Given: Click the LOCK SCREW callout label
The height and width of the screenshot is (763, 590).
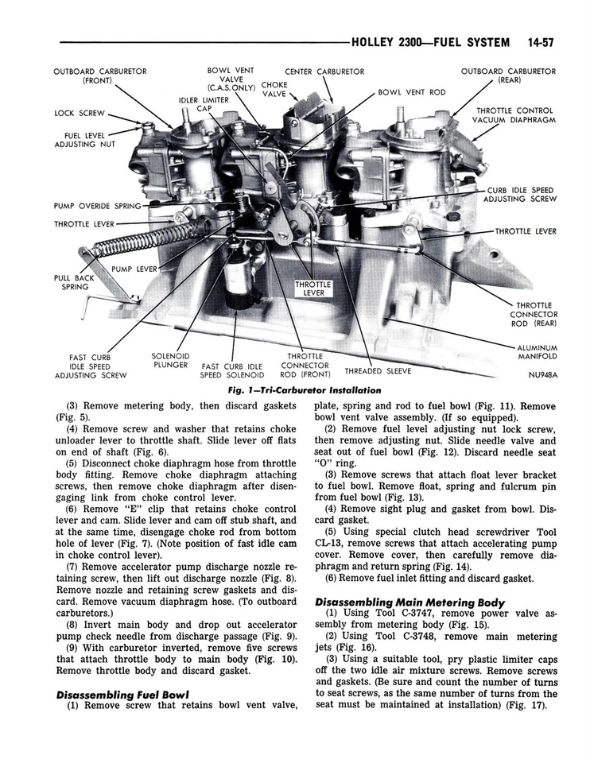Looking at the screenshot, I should tap(75, 113).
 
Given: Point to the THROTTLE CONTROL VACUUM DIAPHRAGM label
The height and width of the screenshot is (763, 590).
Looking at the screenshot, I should tap(514, 115).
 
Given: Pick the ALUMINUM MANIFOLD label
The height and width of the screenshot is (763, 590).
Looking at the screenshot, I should tap(537, 352).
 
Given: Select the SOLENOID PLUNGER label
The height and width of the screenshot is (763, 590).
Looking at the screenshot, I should tap(170, 360).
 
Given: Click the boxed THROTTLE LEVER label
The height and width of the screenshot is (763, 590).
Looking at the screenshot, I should tap(313, 287).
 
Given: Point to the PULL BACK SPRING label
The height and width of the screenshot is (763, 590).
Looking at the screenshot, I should tap(74, 282).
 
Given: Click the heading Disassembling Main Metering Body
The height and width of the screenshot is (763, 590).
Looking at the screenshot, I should tap(409, 602).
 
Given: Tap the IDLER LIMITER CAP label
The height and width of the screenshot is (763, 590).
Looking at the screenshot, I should tap(203, 104).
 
